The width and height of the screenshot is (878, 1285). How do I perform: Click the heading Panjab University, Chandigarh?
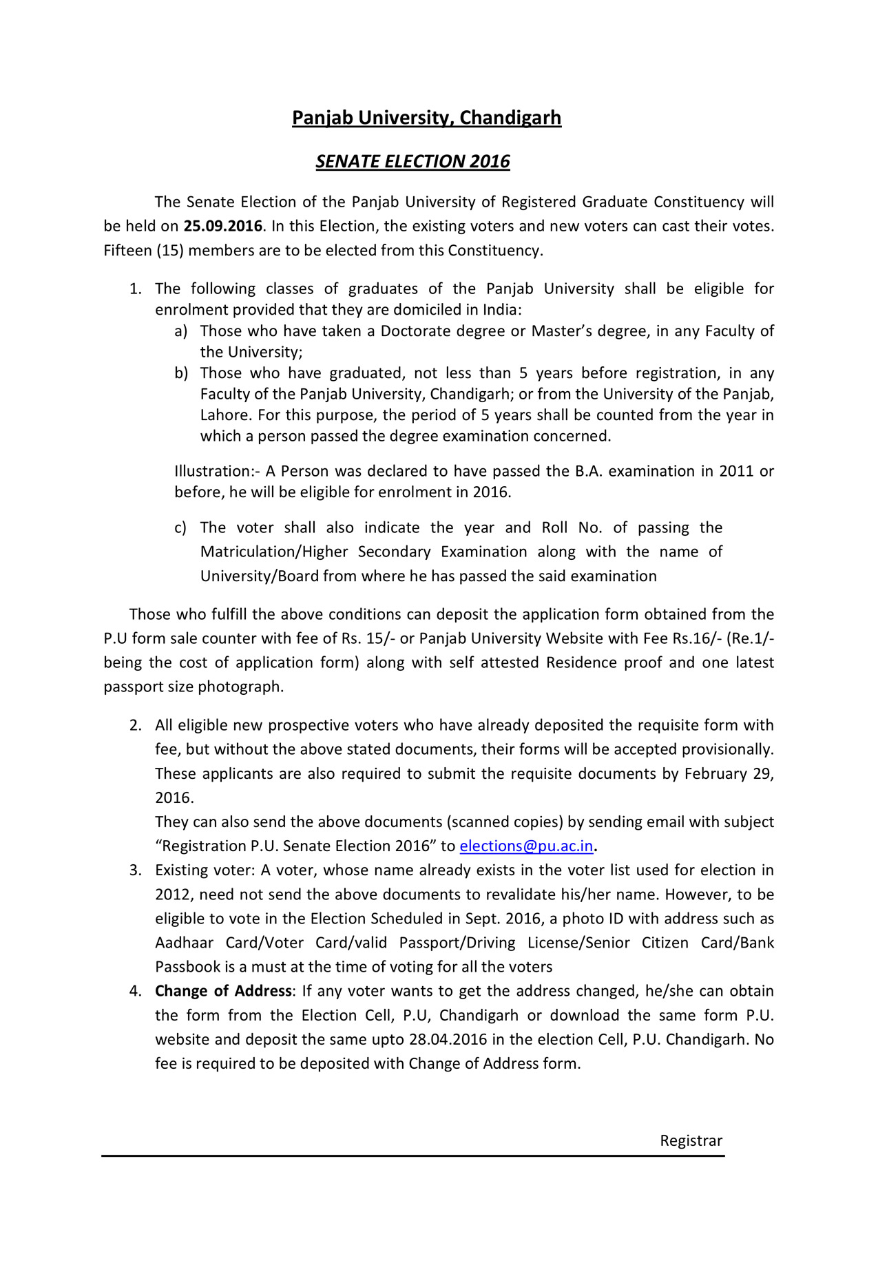click(426, 118)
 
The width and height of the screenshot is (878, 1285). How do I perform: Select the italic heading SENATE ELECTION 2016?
click(412, 161)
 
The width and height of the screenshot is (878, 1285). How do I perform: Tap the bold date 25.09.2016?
click(222, 226)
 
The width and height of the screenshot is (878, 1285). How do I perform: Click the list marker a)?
click(180, 331)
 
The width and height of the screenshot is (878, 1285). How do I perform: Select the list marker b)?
click(180, 373)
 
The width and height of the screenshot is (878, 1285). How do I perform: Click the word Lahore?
click(224, 415)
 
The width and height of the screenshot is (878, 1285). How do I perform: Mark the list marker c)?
click(180, 528)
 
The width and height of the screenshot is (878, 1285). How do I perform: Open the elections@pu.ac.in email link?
click(526, 846)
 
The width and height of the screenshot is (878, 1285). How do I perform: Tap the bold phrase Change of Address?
click(223, 991)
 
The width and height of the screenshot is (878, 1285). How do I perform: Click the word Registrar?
click(691, 1140)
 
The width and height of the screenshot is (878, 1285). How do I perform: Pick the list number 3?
click(136, 870)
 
